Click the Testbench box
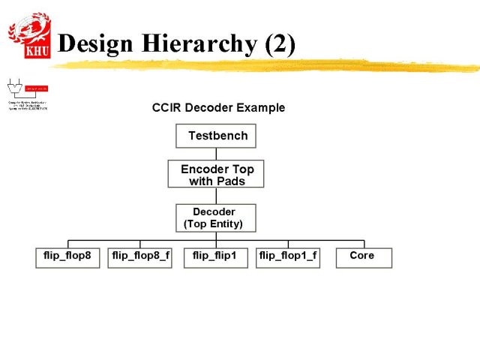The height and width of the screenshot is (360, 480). coord(217,136)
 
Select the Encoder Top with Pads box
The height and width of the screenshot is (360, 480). coord(217,175)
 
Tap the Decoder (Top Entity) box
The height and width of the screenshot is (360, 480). coord(215,217)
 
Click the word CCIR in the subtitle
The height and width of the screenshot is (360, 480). coord(166,107)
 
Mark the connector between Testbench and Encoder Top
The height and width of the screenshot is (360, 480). coord(217,154)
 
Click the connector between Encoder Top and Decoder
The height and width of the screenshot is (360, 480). coord(217,196)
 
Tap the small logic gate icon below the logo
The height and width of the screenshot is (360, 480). coord(13,85)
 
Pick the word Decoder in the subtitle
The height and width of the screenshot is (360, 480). coord(210,107)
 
